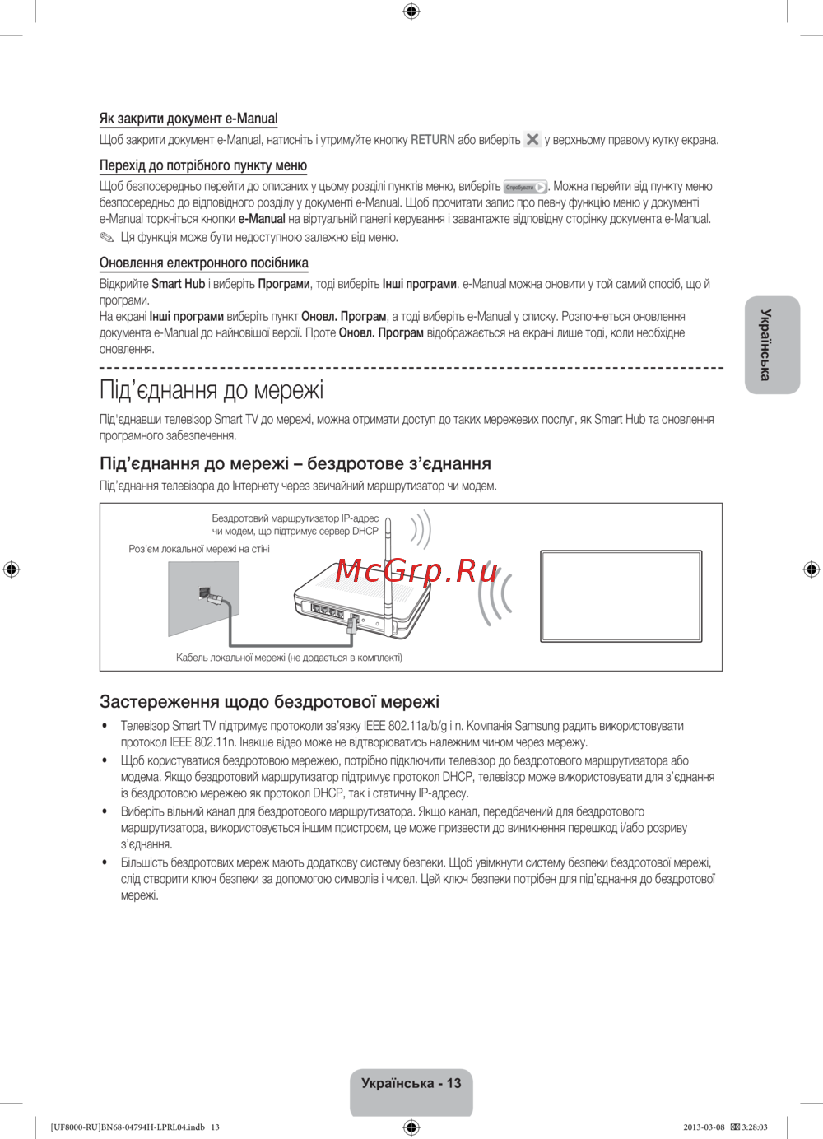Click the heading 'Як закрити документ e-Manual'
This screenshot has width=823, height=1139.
pyautogui.click(x=188, y=119)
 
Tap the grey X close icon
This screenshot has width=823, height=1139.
pyautogui.click(x=532, y=140)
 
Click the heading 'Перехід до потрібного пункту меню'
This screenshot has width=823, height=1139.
pyautogui.click(x=203, y=165)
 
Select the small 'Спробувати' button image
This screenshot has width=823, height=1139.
pyautogui.click(x=525, y=188)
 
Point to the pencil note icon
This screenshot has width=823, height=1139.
pyautogui.click(x=107, y=238)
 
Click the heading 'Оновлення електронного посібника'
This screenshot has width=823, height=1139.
pyautogui.click(x=204, y=263)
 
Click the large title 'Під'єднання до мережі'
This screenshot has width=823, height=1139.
pyautogui.click(x=212, y=389)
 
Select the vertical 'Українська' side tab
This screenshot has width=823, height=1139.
pyautogui.click(x=772, y=345)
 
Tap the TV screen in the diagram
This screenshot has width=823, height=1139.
pyautogui.click(x=621, y=596)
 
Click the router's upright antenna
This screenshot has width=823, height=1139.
pyautogui.click(x=388, y=560)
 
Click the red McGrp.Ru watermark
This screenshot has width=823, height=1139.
pyautogui.click(x=417, y=569)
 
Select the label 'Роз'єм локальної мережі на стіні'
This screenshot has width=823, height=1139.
pyautogui.click(x=199, y=549)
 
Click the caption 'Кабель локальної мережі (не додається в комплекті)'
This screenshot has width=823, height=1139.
pyautogui.click(x=289, y=658)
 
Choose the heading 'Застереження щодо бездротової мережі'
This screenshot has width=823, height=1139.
pyautogui.click(x=269, y=702)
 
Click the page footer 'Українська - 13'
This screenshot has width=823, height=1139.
pyautogui.click(x=411, y=1083)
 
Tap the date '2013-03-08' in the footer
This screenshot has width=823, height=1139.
pyautogui.click(x=704, y=1127)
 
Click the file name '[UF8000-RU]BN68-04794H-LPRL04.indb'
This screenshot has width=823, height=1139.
pyautogui.click(x=128, y=1127)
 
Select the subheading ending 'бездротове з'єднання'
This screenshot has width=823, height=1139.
pyautogui.click(x=295, y=464)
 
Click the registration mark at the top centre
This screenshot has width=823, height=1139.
pyautogui.click(x=411, y=11)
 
